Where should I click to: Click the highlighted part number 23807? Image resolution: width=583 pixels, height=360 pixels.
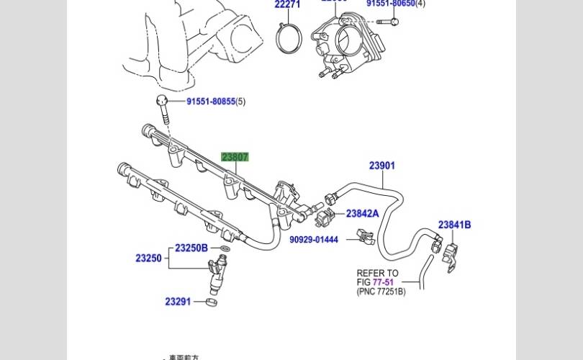tap(235, 157)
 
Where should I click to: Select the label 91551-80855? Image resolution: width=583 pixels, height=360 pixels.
tap(211, 102)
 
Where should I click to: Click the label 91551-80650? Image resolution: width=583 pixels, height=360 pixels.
tap(391, 4)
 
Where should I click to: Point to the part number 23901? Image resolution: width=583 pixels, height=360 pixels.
tap(382, 166)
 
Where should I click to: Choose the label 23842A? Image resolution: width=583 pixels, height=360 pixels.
tap(362, 213)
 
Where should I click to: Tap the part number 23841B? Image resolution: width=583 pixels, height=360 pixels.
tap(455, 225)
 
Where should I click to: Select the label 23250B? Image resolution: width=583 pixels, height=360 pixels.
tap(191, 248)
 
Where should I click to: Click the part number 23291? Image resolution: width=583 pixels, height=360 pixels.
tap(177, 302)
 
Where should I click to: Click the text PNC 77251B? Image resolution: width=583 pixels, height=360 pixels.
tap(381, 292)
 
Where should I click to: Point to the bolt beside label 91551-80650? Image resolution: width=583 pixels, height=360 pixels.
tap(387, 19)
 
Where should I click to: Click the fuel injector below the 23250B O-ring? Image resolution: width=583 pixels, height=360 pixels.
tap(217, 274)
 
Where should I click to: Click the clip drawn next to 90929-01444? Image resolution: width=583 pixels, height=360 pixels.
tap(364, 237)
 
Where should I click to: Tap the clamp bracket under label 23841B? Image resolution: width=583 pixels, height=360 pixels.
tap(451, 256)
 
